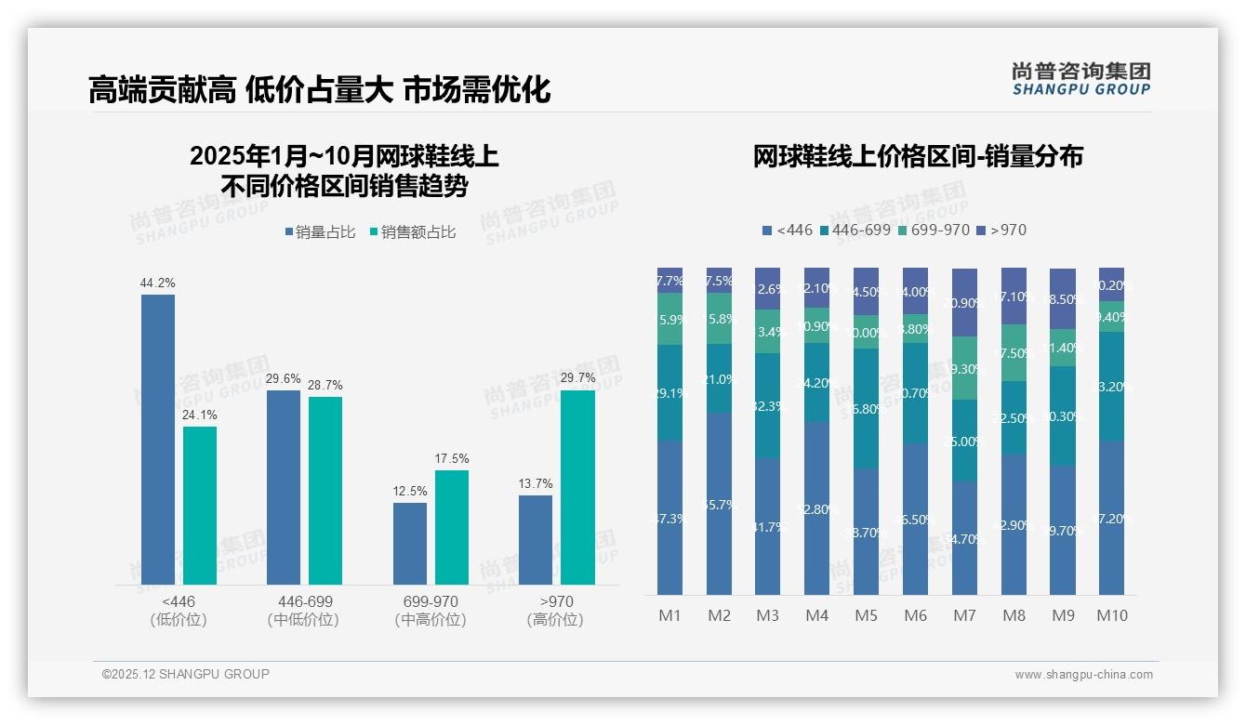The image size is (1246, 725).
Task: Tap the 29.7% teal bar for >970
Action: tap(577, 487)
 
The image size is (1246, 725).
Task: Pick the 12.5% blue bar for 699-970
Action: tap(410, 543)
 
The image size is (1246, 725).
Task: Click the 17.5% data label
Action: tap(452, 459)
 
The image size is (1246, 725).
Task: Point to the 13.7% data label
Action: tap(536, 484)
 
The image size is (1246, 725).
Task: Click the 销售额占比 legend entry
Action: tap(413, 232)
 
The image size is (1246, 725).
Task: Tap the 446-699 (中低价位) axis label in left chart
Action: tap(304, 611)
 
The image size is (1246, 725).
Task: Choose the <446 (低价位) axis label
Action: tap(178, 611)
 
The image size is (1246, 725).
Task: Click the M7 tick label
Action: tap(964, 615)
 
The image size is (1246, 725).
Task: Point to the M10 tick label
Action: tap(1111, 615)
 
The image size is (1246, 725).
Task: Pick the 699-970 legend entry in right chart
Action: tap(934, 230)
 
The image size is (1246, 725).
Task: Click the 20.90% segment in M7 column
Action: tap(964, 303)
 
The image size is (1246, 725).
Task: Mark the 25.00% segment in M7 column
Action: tap(964, 441)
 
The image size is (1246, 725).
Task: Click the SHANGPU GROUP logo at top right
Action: tap(1081, 79)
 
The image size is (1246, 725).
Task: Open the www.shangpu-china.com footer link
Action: tap(1083, 675)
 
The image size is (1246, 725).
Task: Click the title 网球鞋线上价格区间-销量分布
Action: tap(918, 156)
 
